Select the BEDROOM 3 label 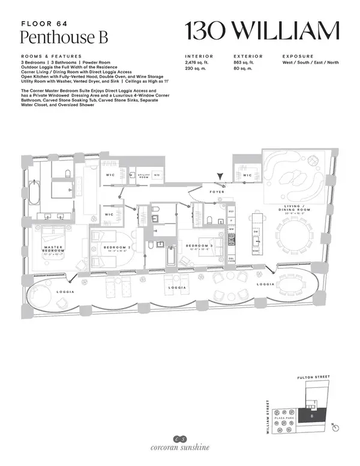click(197, 246)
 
